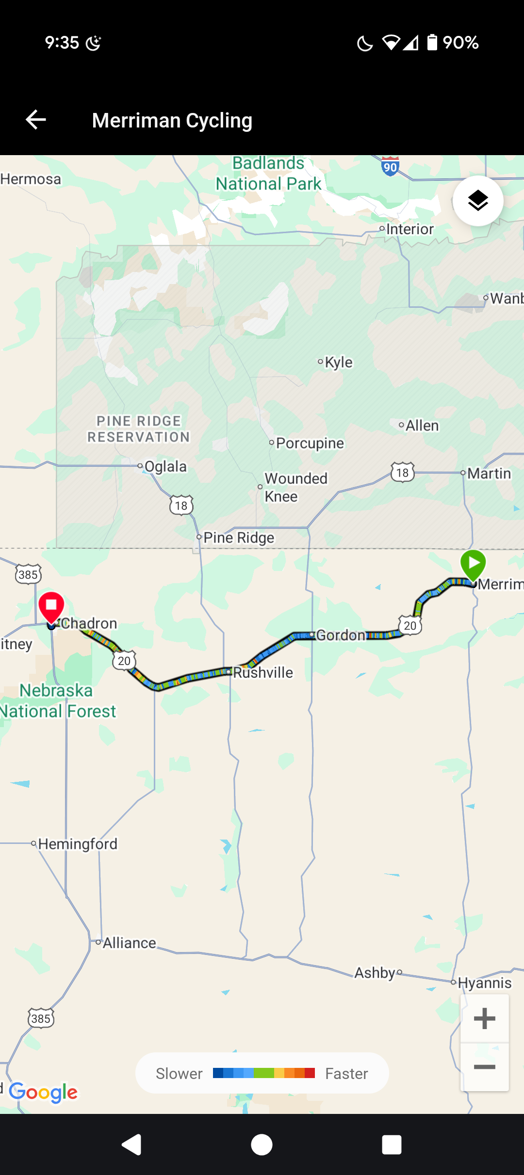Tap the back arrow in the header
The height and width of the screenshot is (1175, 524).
pyautogui.click(x=36, y=120)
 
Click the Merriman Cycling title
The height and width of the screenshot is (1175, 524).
pyautogui.click(x=172, y=120)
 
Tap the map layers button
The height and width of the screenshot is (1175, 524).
pyautogui.click(x=478, y=201)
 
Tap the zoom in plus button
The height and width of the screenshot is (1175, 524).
pyautogui.click(x=484, y=1018)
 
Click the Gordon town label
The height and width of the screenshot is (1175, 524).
pyautogui.click(x=341, y=635)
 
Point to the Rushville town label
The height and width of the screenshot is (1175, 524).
pyautogui.click(x=263, y=672)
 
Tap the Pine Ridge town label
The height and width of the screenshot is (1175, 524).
pyautogui.click(x=239, y=538)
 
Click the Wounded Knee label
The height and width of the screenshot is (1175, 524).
pyautogui.click(x=295, y=487)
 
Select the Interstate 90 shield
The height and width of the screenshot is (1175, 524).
pyautogui.click(x=390, y=166)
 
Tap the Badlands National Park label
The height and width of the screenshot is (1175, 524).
pyautogui.click(x=268, y=174)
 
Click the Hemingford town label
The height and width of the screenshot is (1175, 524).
pyautogui.click(x=78, y=844)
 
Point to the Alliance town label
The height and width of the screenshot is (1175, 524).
pyautogui.click(x=130, y=943)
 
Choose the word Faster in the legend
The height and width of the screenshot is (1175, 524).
pyautogui.click(x=346, y=1074)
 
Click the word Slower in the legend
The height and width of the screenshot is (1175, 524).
pyautogui.click(x=179, y=1074)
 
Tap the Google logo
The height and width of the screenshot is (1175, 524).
pyautogui.click(x=43, y=1092)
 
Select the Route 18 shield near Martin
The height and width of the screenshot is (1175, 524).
pyautogui.click(x=402, y=473)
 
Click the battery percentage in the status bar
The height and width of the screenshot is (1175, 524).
pyautogui.click(x=460, y=43)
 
